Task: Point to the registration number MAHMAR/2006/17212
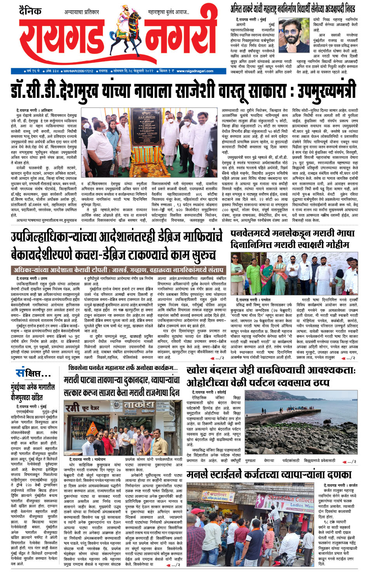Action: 78,71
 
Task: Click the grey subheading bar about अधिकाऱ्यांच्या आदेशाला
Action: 118,269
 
